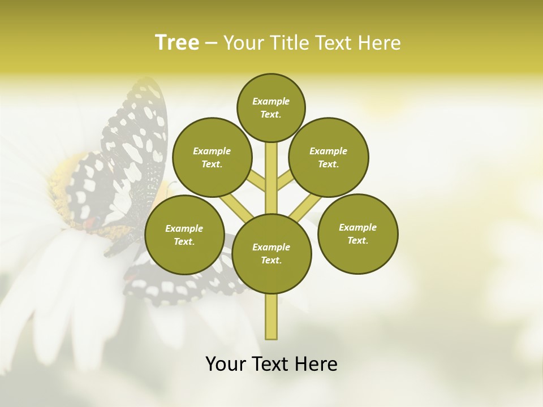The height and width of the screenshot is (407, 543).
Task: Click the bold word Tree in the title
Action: (177, 43)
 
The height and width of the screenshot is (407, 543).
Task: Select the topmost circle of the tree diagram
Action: (271, 107)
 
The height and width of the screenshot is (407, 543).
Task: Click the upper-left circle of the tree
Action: (212, 157)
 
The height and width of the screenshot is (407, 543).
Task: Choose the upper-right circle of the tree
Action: (328, 157)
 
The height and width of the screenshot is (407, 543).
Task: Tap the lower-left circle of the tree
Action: (184, 235)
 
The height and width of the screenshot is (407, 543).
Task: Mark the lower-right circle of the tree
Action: (357, 233)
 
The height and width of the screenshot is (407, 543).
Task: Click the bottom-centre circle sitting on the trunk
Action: (271, 253)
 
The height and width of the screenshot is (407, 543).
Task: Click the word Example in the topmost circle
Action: (271, 101)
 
